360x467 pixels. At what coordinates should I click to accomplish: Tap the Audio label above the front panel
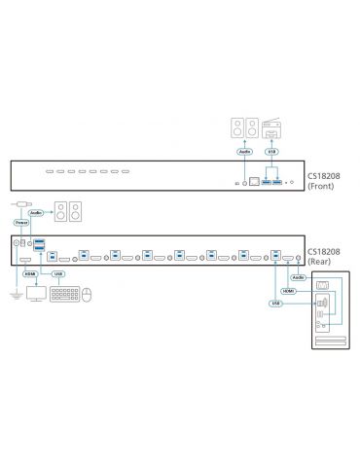[241, 151]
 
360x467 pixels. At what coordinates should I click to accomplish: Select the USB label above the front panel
[271, 151]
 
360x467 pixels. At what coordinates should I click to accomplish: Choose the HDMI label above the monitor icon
[29, 273]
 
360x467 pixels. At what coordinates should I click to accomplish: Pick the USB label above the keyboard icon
[59, 273]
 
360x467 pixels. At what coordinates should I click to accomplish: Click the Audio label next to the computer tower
[295, 275]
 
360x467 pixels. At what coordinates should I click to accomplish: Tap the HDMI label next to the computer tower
[287, 290]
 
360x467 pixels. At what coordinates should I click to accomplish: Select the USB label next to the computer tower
[277, 303]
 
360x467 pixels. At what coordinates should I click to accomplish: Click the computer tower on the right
[327, 311]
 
